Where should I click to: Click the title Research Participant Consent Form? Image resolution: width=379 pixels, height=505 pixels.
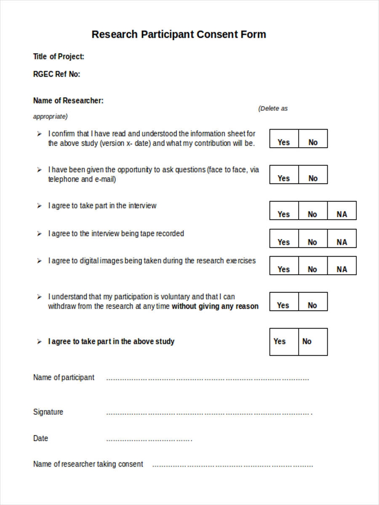click(x=179, y=34)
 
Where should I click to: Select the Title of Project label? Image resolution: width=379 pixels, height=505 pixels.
click(x=59, y=56)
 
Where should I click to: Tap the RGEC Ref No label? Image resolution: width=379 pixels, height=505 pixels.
click(x=56, y=74)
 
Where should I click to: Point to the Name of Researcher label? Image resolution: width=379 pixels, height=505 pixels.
click(x=68, y=101)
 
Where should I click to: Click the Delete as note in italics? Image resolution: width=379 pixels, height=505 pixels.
click(x=272, y=109)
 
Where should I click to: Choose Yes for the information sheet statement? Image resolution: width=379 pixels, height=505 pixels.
click(x=284, y=142)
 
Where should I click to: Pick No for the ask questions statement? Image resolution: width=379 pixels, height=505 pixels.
click(x=313, y=178)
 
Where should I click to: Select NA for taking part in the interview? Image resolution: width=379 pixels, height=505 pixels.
click(x=342, y=214)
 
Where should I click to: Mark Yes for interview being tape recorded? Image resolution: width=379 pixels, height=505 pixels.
click(x=284, y=242)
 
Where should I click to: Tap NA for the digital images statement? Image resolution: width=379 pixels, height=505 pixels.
click(x=342, y=269)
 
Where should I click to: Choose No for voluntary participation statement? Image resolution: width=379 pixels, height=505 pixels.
click(x=312, y=305)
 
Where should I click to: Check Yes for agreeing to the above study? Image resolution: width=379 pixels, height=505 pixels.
click(x=280, y=341)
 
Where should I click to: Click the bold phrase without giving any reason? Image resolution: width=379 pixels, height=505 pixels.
click(x=215, y=306)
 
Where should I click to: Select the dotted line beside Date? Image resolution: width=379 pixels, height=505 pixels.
click(x=149, y=440)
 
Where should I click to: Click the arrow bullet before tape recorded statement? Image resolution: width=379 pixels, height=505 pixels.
click(x=39, y=234)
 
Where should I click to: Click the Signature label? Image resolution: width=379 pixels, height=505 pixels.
click(x=48, y=412)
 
